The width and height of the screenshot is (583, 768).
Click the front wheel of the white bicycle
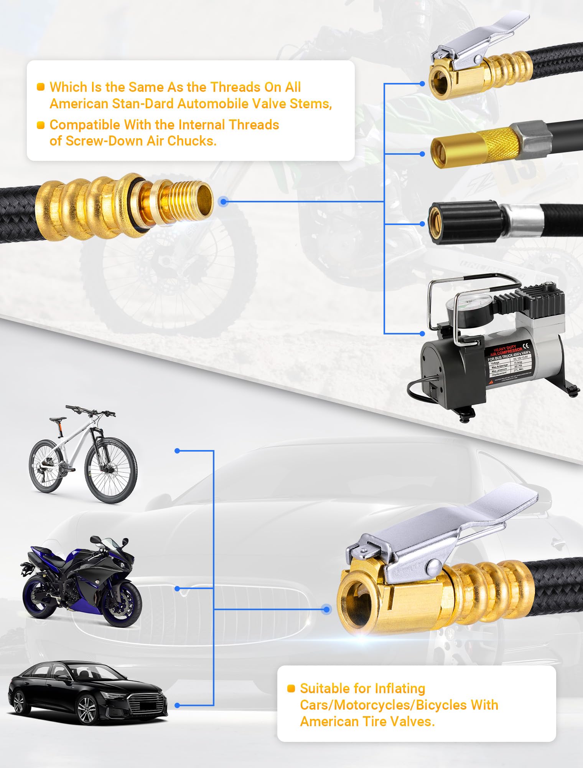coord(111,470)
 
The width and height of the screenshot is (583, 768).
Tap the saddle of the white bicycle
coord(57,419)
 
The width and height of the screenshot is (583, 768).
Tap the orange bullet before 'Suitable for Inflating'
coord(291,688)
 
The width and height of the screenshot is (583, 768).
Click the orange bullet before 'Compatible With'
coord(41,125)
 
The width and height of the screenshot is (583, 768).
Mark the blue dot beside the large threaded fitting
coord(224,201)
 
